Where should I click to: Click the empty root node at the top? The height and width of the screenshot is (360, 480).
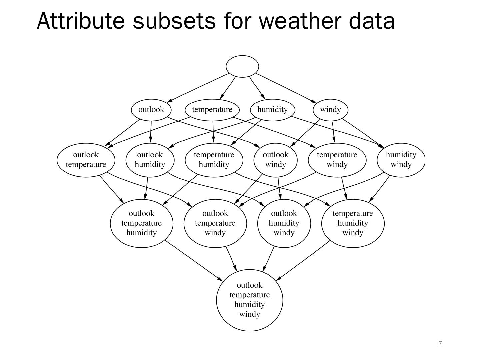[x=242, y=66]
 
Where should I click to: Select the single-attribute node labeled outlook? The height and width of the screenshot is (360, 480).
[x=151, y=110]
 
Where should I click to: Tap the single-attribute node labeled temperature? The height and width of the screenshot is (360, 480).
[x=212, y=110]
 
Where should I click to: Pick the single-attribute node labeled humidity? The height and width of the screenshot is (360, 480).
[x=272, y=110]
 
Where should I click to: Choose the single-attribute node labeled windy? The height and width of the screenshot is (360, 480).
[x=330, y=110]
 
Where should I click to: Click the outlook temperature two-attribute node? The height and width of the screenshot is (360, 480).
[x=86, y=160]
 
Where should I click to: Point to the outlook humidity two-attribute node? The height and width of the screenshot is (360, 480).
[x=150, y=160]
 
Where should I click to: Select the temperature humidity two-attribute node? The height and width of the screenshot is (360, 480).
[x=214, y=160]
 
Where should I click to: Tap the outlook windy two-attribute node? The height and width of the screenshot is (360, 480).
[x=275, y=160]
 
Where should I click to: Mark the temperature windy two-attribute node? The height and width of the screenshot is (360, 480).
[x=337, y=160]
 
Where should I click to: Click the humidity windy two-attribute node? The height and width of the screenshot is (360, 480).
[x=401, y=160]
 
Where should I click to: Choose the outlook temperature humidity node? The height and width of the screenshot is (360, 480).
[x=142, y=223]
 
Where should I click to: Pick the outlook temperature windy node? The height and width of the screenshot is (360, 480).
[x=215, y=223]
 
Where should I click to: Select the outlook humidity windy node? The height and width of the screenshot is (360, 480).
[x=284, y=223]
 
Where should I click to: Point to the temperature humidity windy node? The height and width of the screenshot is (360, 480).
[x=353, y=223]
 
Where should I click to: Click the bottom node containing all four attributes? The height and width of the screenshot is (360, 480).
[x=250, y=300]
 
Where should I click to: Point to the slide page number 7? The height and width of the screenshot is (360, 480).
[x=440, y=343]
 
